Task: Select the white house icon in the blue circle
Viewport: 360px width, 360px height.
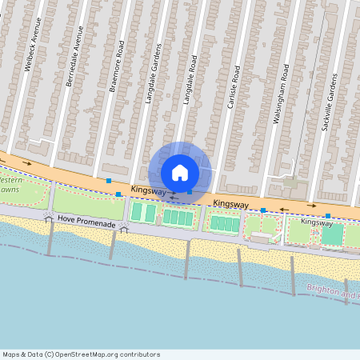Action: (x=180, y=173)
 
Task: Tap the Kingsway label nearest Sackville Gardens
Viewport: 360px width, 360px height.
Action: (x=316, y=222)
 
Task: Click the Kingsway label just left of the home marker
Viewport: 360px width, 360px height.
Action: (x=148, y=191)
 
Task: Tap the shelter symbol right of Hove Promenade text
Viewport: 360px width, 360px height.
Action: (x=123, y=227)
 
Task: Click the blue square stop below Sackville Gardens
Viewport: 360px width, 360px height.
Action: (x=328, y=216)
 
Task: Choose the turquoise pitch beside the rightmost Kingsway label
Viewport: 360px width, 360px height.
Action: (x=332, y=234)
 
